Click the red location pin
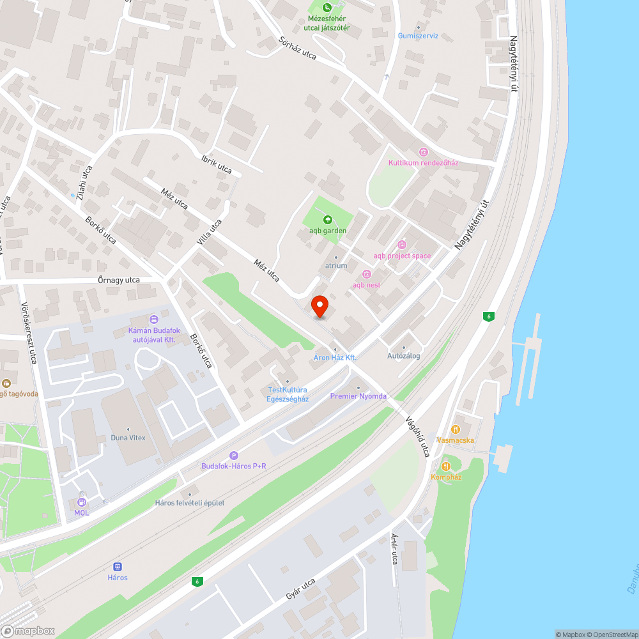coord(319,305)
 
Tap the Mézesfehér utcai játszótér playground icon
coord(327,8)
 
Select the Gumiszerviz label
coord(418,36)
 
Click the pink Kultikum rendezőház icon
coord(423,151)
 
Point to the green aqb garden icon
coord(328,220)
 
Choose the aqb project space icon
coord(402,245)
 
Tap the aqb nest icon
coord(366,274)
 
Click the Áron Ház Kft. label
coord(335,357)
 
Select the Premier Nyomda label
coord(358,396)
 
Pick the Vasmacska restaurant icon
coord(456,429)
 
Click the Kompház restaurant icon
coord(446,466)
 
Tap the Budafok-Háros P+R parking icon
coord(234,456)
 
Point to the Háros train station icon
coord(117,567)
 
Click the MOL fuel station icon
coord(81,502)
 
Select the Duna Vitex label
coord(128,438)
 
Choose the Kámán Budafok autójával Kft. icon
coord(153,319)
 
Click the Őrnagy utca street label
coord(118,280)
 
